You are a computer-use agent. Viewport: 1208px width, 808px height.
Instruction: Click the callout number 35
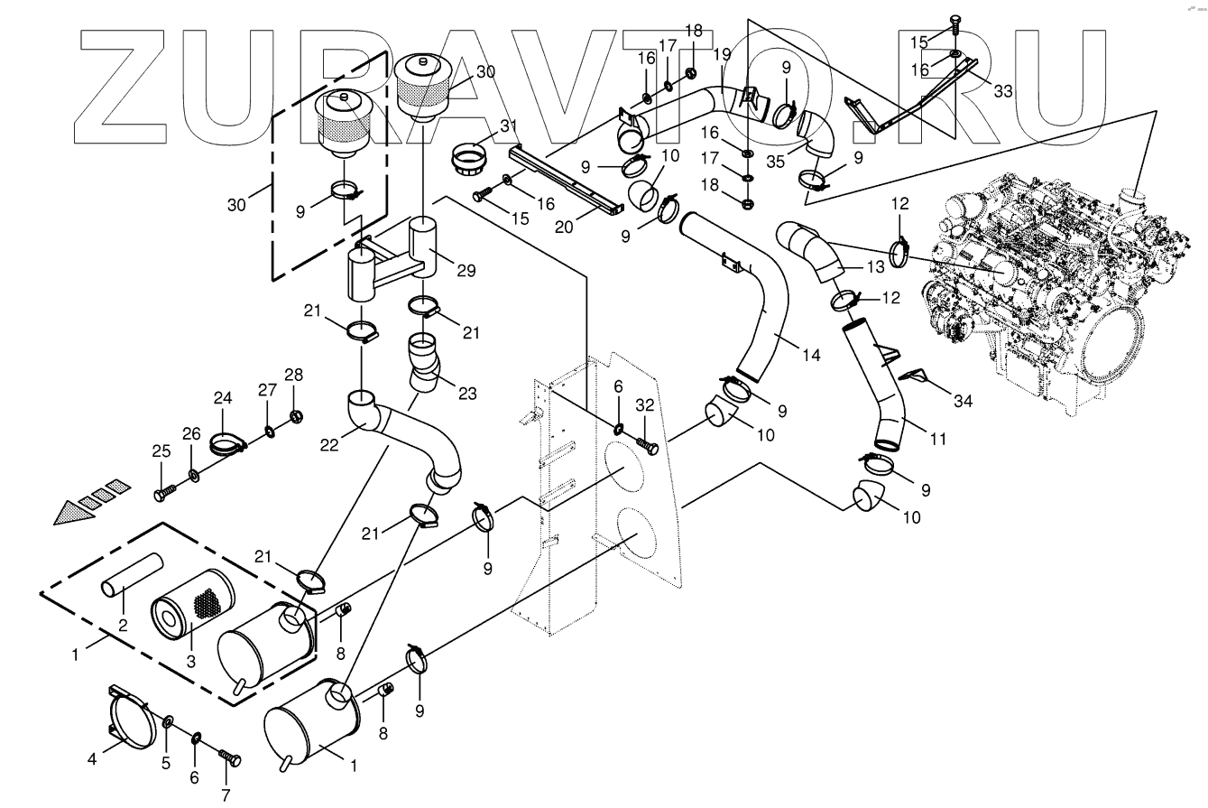coord(776,161)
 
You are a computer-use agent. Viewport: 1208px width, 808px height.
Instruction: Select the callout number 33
coord(1003,91)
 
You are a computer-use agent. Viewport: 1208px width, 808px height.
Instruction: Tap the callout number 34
coord(963,401)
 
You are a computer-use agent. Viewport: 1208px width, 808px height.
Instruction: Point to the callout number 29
coord(466,271)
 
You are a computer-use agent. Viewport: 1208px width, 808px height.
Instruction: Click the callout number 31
coord(509,126)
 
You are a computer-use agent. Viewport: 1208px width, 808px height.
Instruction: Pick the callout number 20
coord(564,228)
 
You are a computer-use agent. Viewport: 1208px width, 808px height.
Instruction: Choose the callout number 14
coord(811,355)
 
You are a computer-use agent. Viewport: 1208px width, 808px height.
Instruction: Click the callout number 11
coord(938,440)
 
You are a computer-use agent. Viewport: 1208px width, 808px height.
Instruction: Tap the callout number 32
coord(644,405)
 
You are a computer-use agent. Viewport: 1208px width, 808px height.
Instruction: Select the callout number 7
coord(226,795)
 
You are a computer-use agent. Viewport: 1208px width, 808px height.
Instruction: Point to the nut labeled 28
coord(296,416)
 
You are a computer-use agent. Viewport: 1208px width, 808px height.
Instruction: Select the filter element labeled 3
coord(193,603)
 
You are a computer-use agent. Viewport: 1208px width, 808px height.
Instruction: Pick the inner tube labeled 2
coord(132,575)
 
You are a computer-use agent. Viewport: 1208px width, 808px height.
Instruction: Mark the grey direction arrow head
coord(74,512)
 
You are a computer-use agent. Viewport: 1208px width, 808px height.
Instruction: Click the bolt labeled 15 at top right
coord(954,23)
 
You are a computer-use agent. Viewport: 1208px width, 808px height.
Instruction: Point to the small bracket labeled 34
coord(915,376)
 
